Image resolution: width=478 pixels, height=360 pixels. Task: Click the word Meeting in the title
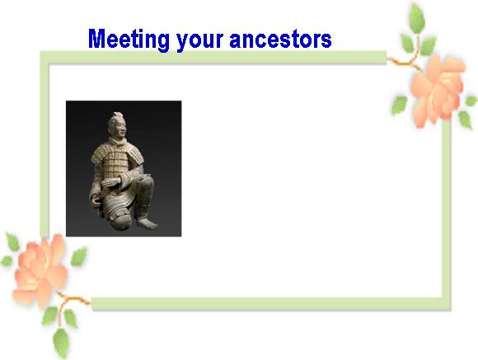click(129, 39)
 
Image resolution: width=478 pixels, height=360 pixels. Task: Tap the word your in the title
click(199, 41)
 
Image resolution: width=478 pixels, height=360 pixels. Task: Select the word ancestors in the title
click(280, 39)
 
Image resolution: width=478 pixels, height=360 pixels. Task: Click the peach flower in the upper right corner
click(438, 91)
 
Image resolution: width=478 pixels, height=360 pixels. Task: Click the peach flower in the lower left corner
click(40, 269)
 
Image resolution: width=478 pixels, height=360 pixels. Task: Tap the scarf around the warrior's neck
click(117, 142)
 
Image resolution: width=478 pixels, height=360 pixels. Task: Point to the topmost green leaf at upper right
click(417, 18)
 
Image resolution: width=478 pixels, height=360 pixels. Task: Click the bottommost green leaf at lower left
click(61, 342)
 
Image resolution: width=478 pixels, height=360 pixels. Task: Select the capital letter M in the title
click(97, 39)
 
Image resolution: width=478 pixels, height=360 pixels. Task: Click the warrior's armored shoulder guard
click(136, 156)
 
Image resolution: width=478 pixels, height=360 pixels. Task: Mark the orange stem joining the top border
click(403, 61)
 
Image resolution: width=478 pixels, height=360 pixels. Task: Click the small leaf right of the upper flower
click(471, 101)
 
